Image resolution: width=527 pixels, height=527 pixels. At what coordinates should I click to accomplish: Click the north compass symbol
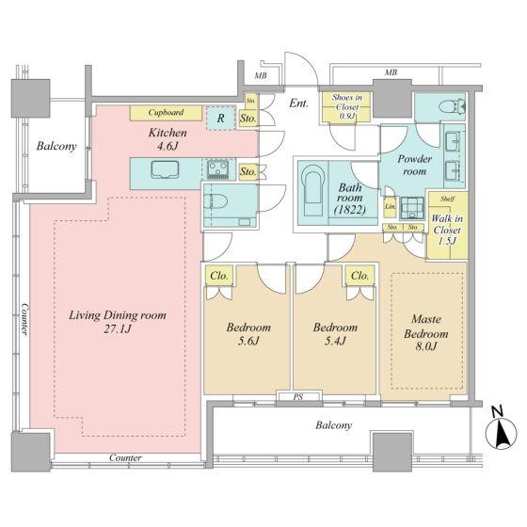click(x=501, y=433)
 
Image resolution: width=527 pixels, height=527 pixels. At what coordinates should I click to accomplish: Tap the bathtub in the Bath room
click(x=312, y=191)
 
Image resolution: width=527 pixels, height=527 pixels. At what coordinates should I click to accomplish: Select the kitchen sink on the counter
click(x=165, y=169)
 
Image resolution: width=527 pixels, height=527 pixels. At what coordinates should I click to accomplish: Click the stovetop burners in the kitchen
click(x=218, y=169)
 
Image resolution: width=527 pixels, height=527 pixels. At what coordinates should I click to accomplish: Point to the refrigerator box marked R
click(x=220, y=118)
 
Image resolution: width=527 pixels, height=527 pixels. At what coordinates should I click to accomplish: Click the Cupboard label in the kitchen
click(x=166, y=112)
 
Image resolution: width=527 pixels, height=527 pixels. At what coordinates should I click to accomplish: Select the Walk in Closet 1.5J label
click(x=447, y=230)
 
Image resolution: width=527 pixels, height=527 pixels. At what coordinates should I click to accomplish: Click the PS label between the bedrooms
click(x=297, y=396)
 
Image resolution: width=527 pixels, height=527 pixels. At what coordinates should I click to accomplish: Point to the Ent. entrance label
click(x=299, y=104)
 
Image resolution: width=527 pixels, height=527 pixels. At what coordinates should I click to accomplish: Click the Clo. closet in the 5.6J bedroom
click(x=219, y=276)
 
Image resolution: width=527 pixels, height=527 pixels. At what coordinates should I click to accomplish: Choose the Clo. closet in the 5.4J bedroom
click(x=359, y=276)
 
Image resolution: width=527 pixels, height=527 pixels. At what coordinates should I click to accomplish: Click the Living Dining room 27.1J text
click(x=118, y=322)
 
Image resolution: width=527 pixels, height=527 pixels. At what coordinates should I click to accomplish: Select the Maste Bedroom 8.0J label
click(x=426, y=332)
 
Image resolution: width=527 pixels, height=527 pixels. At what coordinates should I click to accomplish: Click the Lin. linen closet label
click(x=391, y=206)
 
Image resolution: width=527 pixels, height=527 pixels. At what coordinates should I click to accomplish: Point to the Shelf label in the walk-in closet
click(x=447, y=199)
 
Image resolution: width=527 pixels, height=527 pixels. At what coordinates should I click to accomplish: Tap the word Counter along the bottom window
click(x=125, y=457)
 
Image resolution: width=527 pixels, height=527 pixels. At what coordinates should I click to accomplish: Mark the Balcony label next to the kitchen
click(x=56, y=146)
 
